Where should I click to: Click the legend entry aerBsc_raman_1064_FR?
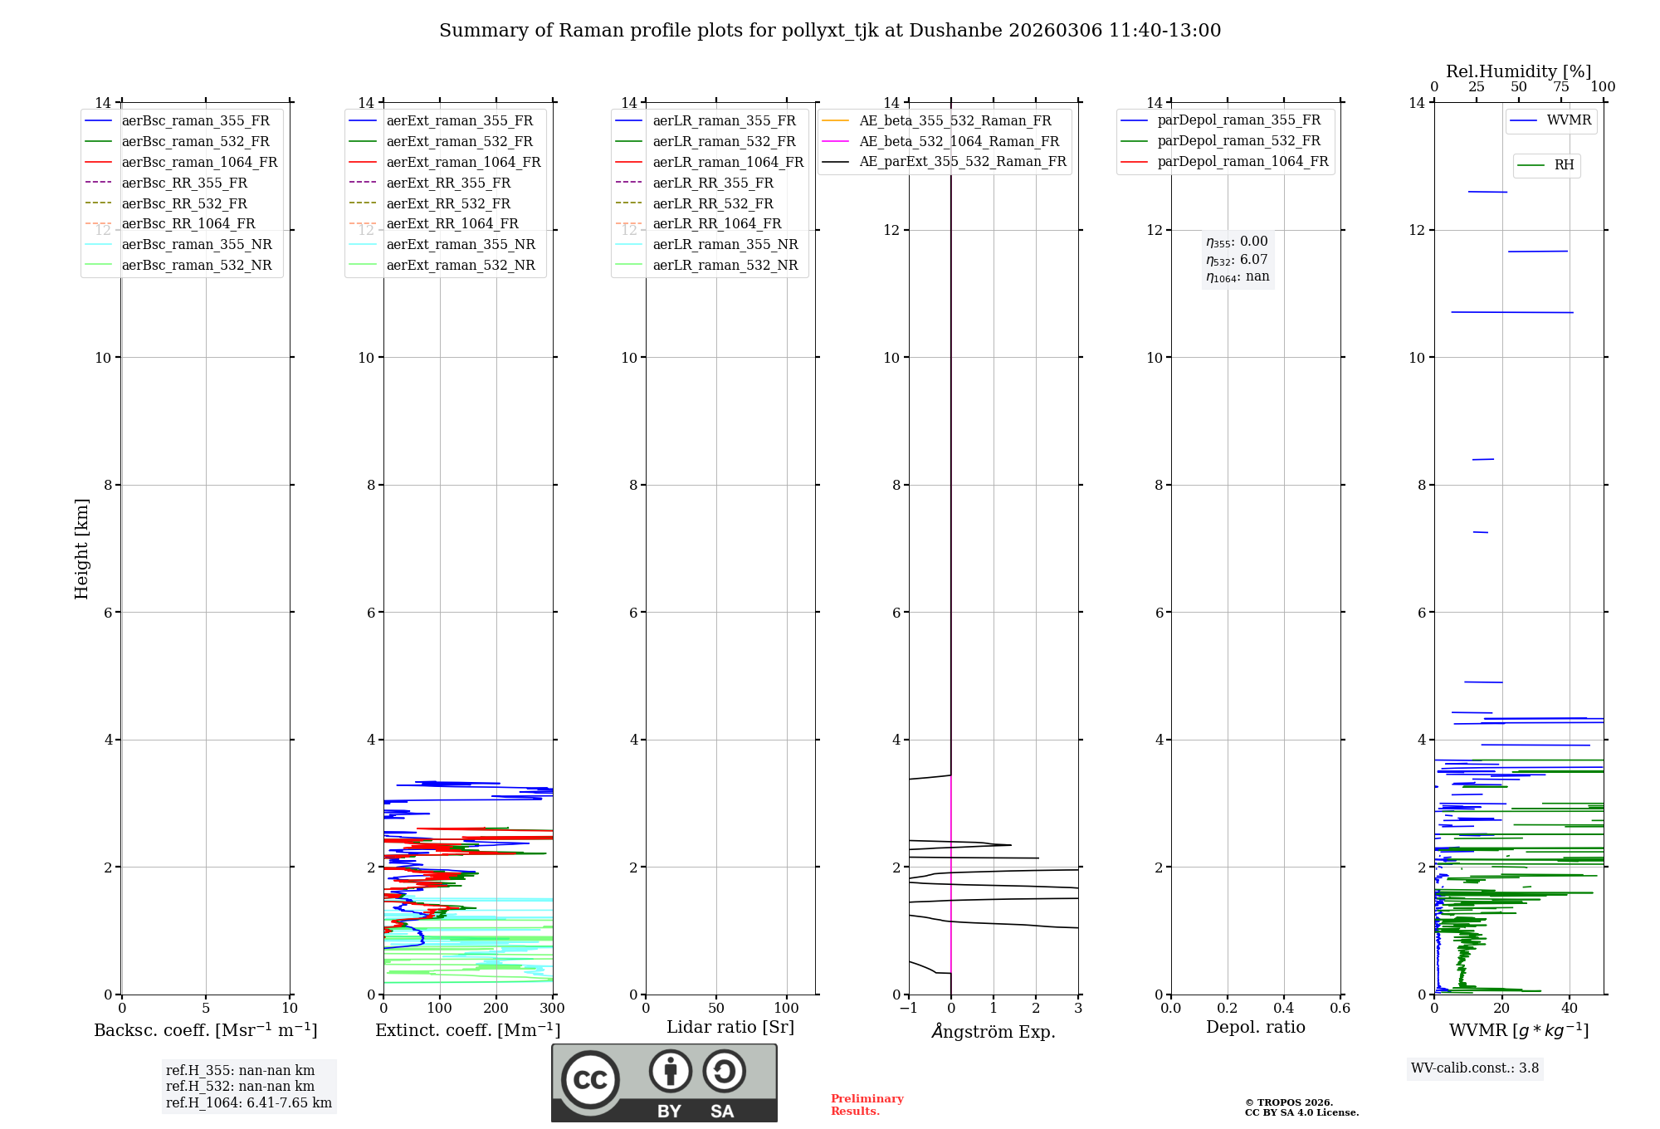point(199,162)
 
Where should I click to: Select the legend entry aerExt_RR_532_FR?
point(448,203)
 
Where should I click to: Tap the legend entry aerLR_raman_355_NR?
point(725,244)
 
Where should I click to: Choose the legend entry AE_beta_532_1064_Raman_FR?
point(959,141)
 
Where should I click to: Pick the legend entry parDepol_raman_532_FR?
point(1238,141)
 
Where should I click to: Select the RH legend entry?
point(1564,165)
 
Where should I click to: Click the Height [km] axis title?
point(81,548)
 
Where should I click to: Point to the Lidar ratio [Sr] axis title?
point(730,1027)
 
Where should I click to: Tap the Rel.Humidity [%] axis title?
point(1518,71)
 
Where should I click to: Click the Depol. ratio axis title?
point(1255,1027)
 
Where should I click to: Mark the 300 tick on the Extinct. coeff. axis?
point(553,1009)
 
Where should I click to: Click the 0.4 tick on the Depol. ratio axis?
point(1283,1009)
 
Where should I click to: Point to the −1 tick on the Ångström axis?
point(908,1009)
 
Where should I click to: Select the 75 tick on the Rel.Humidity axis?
point(1561,87)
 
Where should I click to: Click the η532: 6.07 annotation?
point(1237,259)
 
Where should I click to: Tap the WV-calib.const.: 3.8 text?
point(1475,1068)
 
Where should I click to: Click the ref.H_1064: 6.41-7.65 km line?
point(248,1103)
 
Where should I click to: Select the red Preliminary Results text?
point(867,1105)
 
